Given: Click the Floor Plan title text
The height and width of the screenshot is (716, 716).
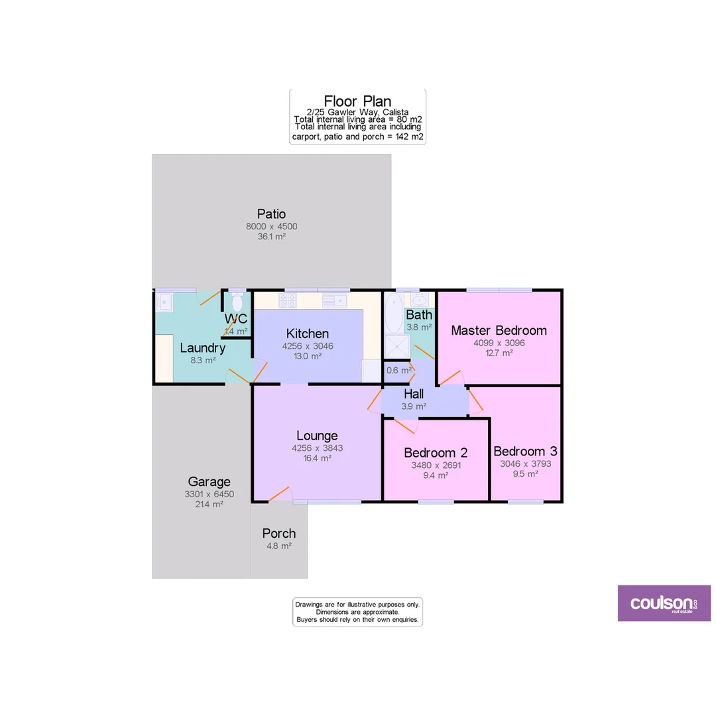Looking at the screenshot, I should (x=357, y=101).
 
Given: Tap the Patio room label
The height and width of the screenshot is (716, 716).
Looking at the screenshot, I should (x=272, y=214).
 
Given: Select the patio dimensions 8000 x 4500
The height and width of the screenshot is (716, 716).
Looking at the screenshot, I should (x=272, y=226).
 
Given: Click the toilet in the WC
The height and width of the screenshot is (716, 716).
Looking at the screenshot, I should (x=237, y=302).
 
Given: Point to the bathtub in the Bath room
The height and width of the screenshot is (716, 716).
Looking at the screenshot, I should (x=393, y=313).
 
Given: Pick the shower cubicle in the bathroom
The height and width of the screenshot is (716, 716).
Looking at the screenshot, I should (x=397, y=347).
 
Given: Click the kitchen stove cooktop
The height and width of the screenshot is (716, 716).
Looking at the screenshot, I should (x=288, y=300).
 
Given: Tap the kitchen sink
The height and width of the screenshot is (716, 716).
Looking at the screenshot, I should (x=335, y=300).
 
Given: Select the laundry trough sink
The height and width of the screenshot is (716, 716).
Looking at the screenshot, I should (x=164, y=303).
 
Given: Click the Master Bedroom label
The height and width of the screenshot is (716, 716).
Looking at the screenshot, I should (x=499, y=330).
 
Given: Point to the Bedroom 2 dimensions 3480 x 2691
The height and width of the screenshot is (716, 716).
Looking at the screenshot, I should (x=436, y=465).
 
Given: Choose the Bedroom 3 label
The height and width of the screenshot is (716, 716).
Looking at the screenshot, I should (x=525, y=451).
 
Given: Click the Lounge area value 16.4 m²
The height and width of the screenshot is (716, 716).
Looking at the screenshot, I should (x=317, y=458).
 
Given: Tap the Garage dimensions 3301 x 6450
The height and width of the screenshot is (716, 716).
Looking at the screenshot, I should (x=209, y=494).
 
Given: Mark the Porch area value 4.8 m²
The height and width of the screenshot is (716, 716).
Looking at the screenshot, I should (x=278, y=546).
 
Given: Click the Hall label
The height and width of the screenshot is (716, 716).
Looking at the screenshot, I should (x=414, y=394).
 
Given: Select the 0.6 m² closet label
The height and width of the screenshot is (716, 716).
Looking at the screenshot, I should (x=399, y=370).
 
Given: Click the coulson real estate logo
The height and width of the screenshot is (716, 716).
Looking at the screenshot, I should (x=664, y=603).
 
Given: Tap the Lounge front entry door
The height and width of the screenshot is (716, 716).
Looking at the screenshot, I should (x=280, y=494).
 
